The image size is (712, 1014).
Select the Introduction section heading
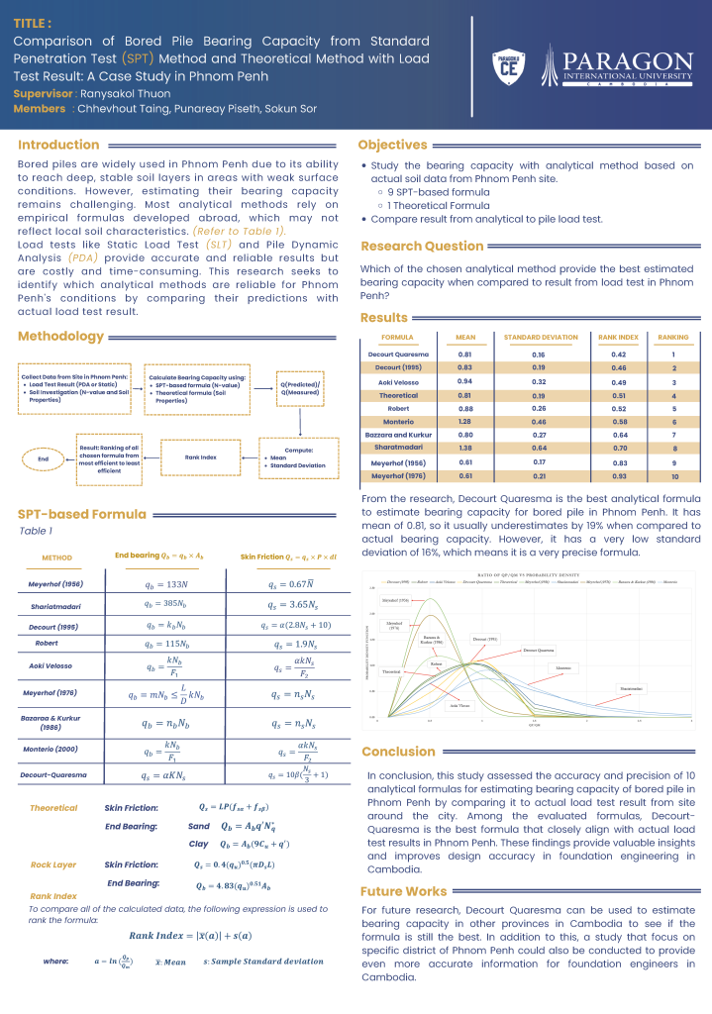pyautogui.click(x=58, y=145)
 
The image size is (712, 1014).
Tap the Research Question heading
pyautogui.click(x=422, y=246)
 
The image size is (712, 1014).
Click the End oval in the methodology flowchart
pyautogui.click(x=43, y=458)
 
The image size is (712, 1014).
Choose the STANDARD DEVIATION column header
pyautogui.click(x=540, y=338)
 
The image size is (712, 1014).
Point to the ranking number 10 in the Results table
pyautogui.click(x=672, y=476)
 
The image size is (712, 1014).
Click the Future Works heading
pyautogui.click(x=404, y=891)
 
